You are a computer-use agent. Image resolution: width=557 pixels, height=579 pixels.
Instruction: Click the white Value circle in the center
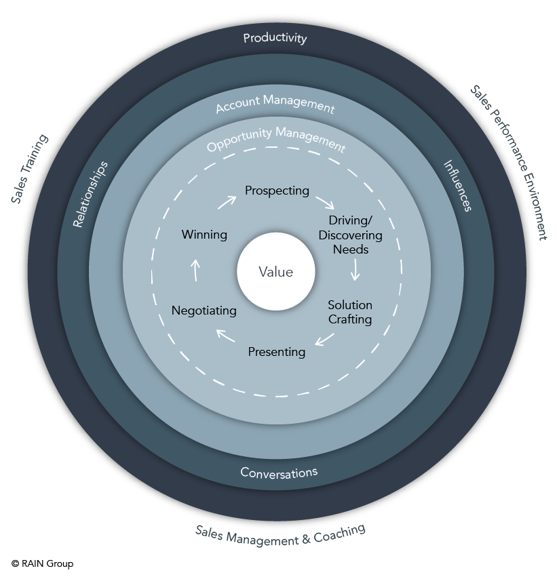point(275,272)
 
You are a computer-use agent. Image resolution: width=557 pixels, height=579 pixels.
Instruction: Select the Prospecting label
point(277,191)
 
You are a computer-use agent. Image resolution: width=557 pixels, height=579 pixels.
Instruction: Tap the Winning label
point(204,235)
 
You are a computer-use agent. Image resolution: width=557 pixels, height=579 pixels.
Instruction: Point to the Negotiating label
point(204,311)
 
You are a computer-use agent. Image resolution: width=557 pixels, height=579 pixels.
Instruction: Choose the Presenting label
point(277,352)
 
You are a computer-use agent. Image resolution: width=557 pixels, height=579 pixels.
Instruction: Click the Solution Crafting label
point(350,312)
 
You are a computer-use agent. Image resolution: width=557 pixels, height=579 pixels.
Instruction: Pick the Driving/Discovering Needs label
point(350,235)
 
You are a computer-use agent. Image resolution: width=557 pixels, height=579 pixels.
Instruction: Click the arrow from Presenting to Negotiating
point(226,335)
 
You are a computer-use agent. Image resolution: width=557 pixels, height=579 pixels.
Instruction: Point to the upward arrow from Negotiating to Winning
point(195,271)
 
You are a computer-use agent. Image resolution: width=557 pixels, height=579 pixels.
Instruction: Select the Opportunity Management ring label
point(276,138)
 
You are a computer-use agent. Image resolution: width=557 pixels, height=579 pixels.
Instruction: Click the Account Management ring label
point(275,104)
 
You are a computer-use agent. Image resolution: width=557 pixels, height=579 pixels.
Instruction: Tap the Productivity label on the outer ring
point(275,38)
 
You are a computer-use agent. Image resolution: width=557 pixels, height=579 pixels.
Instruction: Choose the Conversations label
point(279,473)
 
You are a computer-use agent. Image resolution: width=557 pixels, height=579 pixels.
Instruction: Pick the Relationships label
point(90,194)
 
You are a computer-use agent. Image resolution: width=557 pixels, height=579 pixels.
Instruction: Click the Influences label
point(457,186)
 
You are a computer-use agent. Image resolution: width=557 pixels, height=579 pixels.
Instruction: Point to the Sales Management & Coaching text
point(281,535)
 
